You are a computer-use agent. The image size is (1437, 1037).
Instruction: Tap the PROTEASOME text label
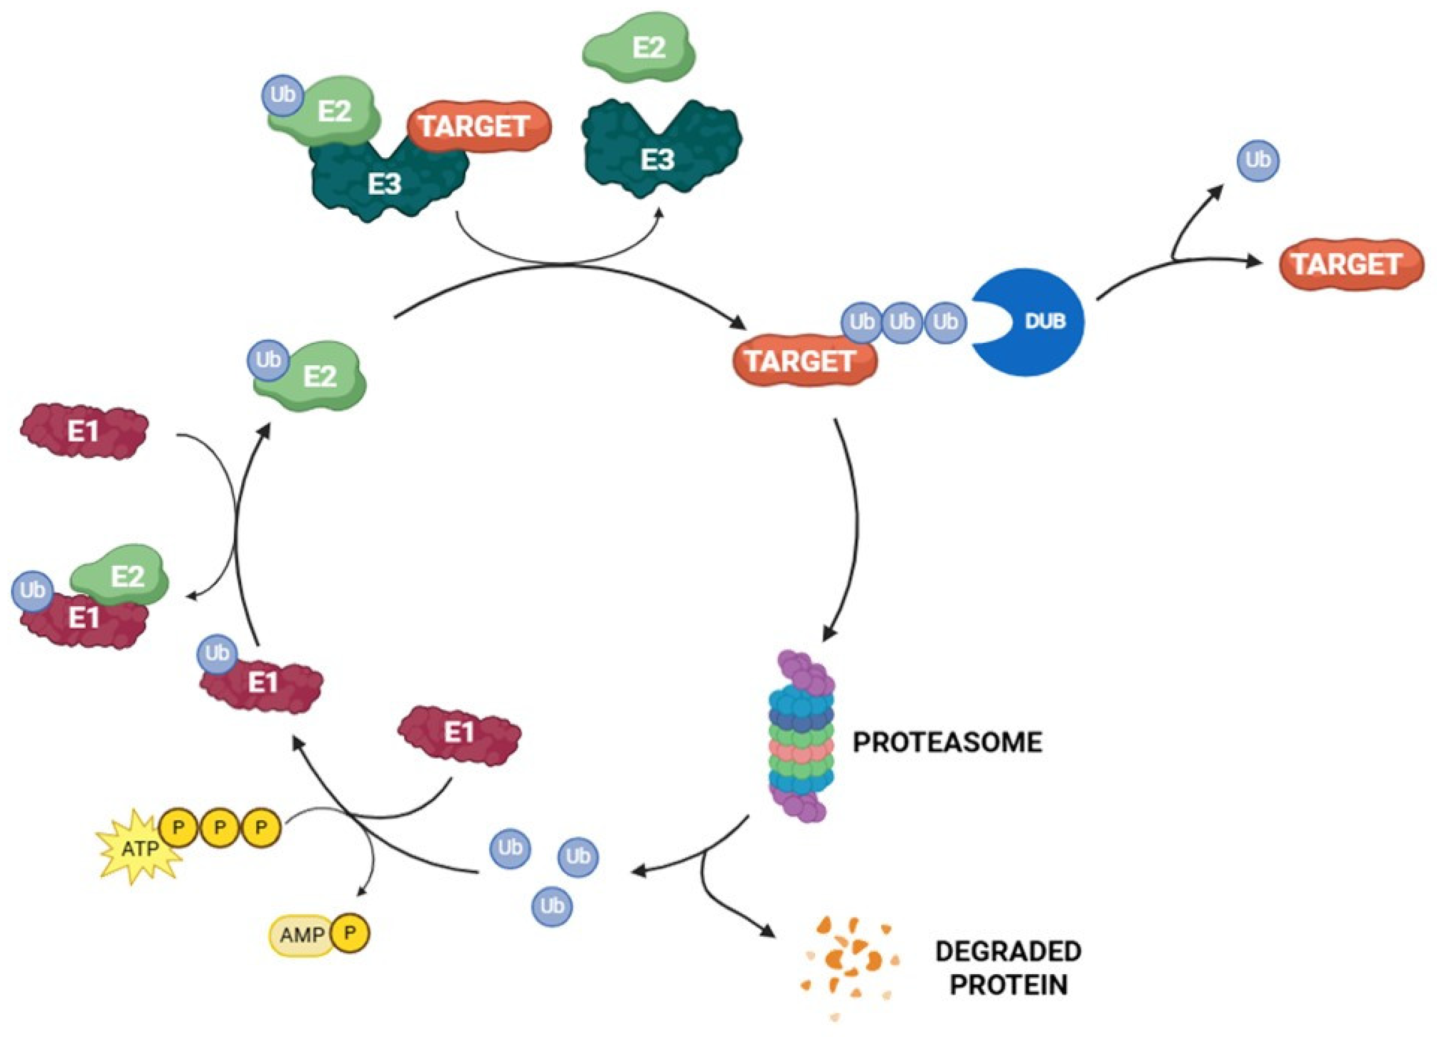(946, 742)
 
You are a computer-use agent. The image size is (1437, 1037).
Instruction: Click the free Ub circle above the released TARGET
(1258, 160)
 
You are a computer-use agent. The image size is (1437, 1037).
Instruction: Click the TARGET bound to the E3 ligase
(479, 127)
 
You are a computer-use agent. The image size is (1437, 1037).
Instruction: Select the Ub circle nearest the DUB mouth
(945, 322)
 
